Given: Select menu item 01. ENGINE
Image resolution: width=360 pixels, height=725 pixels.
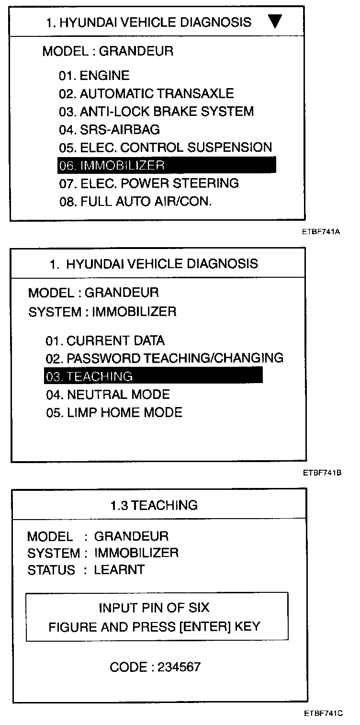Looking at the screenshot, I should [94, 76].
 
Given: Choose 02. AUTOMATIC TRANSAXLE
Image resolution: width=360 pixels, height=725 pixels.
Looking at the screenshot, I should [146, 93].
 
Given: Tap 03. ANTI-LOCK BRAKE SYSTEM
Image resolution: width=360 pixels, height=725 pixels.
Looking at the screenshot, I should [157, 112].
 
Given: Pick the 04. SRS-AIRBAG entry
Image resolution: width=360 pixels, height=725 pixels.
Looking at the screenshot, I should [110, 129].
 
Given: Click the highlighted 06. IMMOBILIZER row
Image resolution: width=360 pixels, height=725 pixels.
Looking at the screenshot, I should [167, 165].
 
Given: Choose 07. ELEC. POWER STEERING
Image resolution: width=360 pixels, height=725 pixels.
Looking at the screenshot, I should [149, 183].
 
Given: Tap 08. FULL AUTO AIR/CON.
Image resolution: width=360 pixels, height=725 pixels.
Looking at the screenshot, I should [135, 202].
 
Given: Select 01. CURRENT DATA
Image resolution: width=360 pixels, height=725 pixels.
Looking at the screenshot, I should [105, 341].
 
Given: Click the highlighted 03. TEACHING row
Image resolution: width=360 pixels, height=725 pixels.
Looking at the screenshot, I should [153, 376].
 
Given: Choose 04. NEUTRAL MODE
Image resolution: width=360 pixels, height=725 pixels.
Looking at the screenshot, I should [108, 395].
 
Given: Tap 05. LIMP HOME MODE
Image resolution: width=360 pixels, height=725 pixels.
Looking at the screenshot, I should [114, 412].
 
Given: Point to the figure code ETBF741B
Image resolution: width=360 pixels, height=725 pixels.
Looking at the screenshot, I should [321, 473].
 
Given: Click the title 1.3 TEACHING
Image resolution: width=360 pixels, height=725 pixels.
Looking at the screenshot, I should [154, 505].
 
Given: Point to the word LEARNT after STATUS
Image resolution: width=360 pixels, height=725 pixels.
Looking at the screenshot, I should [119, 570].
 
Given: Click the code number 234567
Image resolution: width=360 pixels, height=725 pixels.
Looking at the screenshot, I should [177, 667].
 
